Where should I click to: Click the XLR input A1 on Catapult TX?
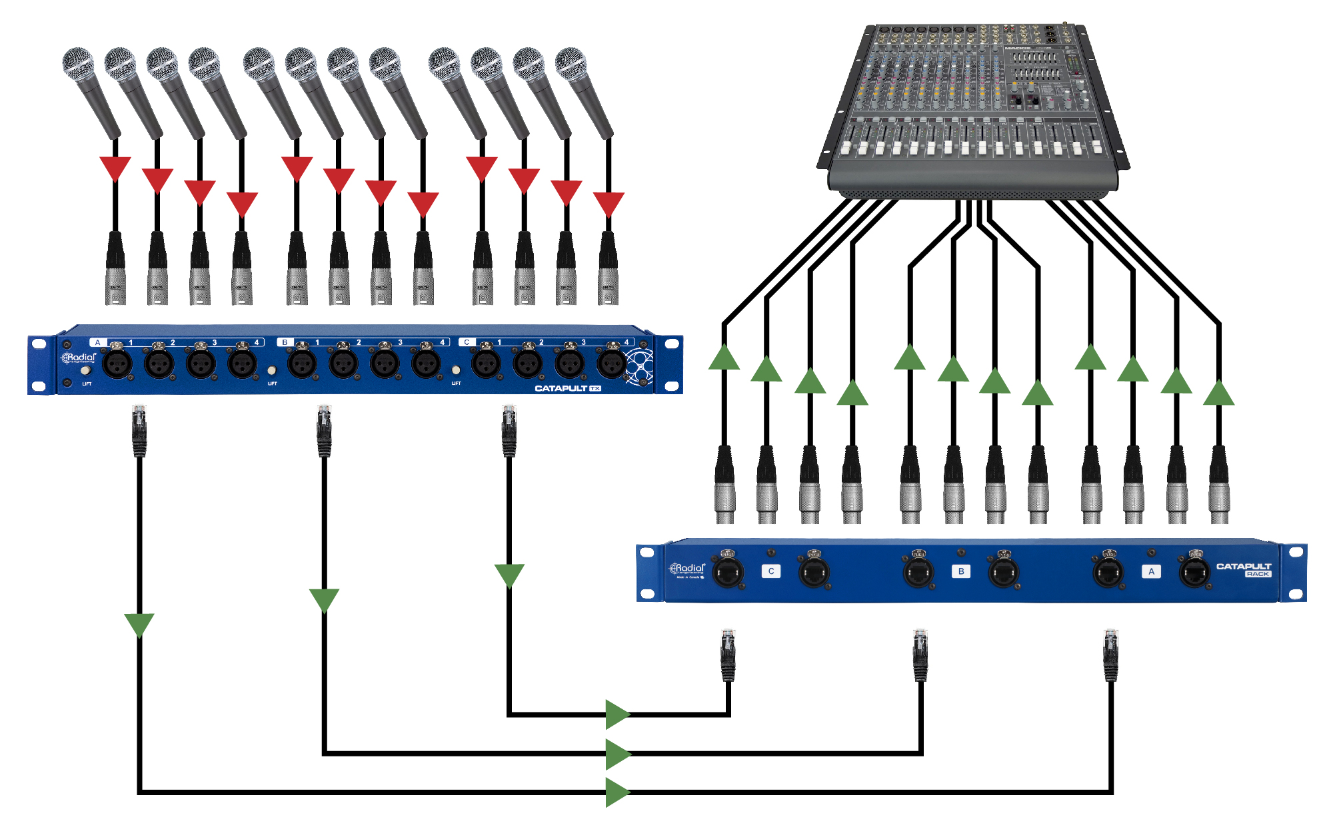pos(117,364)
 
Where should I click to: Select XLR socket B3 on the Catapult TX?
pos(385,364)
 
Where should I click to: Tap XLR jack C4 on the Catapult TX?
pos(611,364)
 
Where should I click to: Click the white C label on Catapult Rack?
pos(771,571)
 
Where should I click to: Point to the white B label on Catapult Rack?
pos(961,571)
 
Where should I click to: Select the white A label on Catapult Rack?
pos(1151,571)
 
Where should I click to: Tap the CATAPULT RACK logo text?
pos(1244,569)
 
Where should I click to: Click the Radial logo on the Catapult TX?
pos(79,358)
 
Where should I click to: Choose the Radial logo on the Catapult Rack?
pos(687,569)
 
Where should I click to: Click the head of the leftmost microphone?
pos(79,63)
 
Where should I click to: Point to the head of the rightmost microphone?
pos(571,63)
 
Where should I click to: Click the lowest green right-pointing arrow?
pos(617,792)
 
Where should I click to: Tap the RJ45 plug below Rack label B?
pos(920,655)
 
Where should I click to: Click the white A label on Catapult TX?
pos(98,342)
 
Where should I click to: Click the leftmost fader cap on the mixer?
pos(847,147)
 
